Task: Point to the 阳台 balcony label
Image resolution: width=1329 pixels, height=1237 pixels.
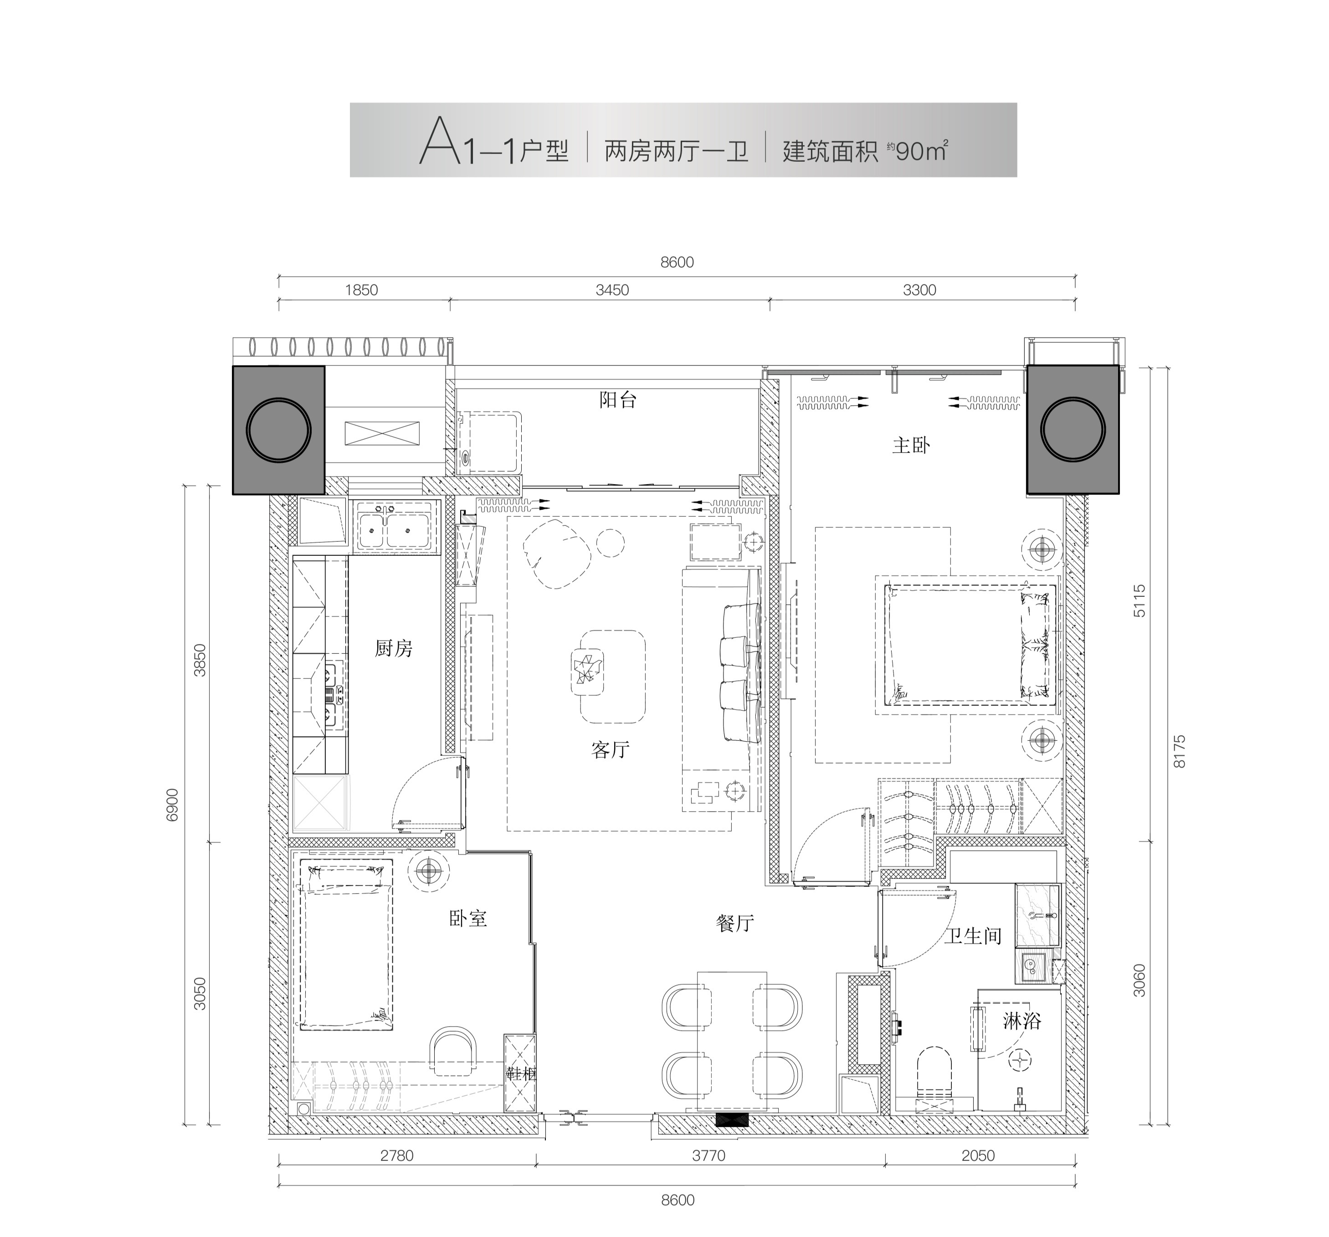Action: pyautogui.click(x=618, y=400)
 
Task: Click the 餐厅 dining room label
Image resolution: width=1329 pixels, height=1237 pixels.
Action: pyautogui.click(x=735, y=924)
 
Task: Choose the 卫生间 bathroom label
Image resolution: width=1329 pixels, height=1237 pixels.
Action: pyautogui.click(x=973, y=935)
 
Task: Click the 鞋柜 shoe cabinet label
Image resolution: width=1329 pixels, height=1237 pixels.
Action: pyautogui.click(x=520, y=1074)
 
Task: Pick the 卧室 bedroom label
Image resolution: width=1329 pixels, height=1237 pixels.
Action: pyautogui.click(x=468, y=918)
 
